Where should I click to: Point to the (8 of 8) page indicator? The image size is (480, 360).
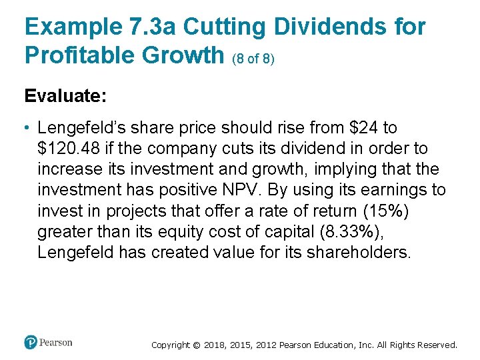(253, 59)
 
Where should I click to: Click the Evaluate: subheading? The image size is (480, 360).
(65, 96)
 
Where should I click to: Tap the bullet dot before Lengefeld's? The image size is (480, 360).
(28, 127)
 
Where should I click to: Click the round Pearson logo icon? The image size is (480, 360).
(31, 343)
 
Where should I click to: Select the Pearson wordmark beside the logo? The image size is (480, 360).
(55, 343)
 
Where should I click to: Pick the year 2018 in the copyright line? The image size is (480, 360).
(214, 345)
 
